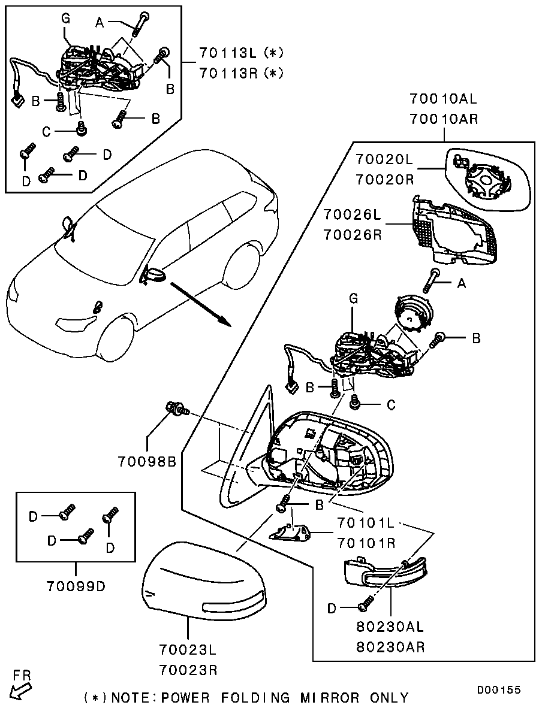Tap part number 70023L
[188, 649]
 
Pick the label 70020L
[384, 160]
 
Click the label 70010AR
[444, 119]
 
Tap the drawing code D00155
[498, 690]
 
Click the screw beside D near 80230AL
[365, 606]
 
